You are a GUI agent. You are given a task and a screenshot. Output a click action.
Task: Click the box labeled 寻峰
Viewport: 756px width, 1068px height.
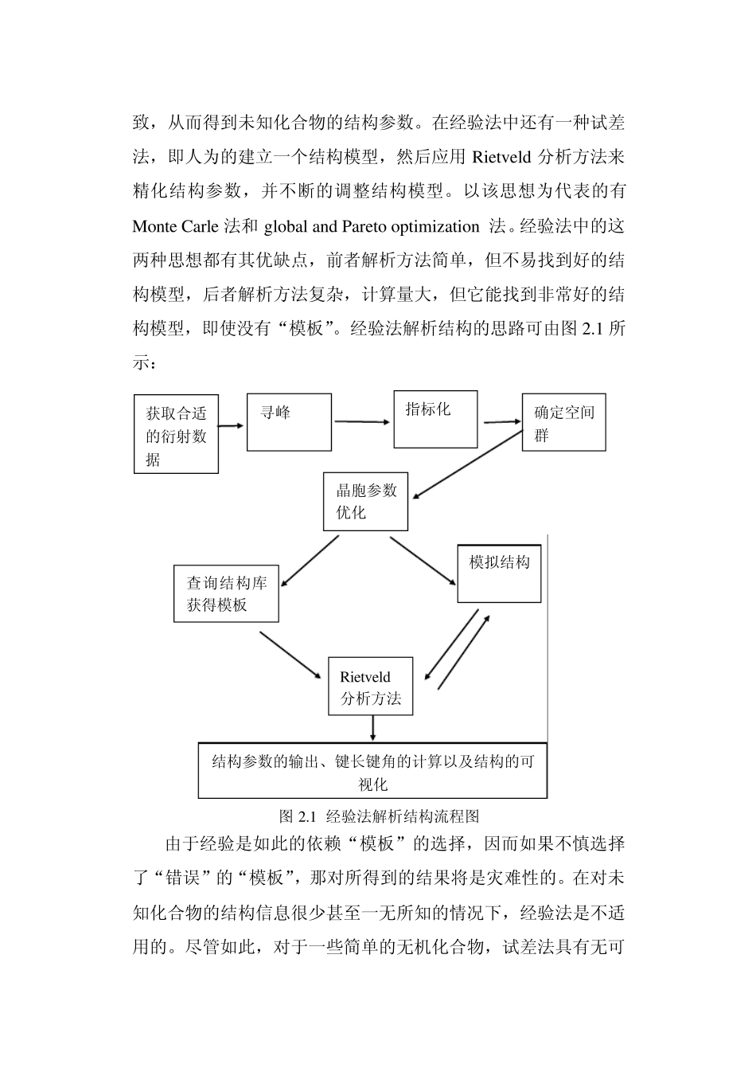289,422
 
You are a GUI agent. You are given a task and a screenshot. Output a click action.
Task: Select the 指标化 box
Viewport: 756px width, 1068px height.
435,419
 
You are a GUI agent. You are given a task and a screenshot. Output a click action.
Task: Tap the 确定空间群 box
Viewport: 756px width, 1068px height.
563,422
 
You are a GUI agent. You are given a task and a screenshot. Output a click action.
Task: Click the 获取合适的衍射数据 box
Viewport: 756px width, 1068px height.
176,435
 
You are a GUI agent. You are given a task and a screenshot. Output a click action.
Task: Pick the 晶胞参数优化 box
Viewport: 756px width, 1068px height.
365,502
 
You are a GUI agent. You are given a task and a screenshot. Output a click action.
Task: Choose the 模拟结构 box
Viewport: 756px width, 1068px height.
499,573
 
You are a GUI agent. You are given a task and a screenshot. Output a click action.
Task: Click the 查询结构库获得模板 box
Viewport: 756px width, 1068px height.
227,593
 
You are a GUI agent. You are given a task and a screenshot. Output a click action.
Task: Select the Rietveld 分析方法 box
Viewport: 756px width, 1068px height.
370,687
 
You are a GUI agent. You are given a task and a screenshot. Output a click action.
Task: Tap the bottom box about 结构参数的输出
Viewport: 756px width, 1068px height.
372,771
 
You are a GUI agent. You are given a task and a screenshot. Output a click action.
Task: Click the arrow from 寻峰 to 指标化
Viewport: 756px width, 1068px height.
363,421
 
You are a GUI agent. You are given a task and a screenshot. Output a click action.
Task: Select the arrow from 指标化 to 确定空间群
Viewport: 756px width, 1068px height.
500,421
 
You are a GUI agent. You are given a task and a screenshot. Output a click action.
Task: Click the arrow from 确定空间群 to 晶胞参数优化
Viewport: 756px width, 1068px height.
468,464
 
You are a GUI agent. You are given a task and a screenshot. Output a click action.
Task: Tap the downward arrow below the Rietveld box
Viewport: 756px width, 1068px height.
372,729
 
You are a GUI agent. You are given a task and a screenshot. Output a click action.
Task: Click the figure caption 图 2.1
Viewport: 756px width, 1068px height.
379,816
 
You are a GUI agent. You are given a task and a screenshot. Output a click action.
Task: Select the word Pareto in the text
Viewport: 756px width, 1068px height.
364,227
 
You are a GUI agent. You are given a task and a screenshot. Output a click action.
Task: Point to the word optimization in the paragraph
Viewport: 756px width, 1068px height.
435,227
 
